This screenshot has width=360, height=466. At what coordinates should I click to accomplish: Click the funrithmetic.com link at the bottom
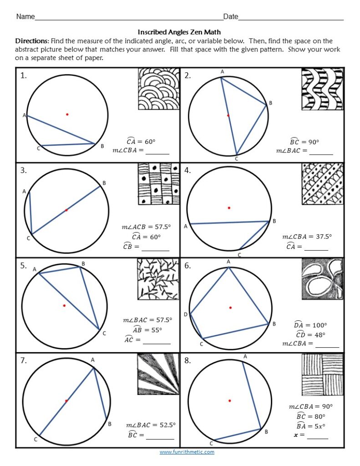pyautogui.click(x=187, y=452)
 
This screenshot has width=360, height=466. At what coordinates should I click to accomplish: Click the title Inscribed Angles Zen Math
pyautogui.click(x=179, y=32)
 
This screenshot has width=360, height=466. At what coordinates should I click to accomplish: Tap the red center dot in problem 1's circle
pyautogui.click(x=67, y=114)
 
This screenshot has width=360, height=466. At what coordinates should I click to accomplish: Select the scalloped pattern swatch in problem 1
pyautogui.click(x=158, y=89)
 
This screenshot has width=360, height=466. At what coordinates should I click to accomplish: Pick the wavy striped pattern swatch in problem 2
pyautogui.click(x=322, y=89)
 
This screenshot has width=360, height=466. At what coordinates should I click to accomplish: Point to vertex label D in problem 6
pyautogui.click(x=185, y=314)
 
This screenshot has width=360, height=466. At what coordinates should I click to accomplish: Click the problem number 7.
pyautogui.click(x=24, y=361)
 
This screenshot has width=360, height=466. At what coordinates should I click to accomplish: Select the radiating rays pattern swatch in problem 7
pyautogui.click(x=158, y=374)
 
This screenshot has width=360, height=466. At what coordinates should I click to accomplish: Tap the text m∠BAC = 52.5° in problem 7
pyautogui.click(x=150, y=425)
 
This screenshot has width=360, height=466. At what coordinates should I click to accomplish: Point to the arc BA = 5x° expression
pyautogui.click(x=311, y=426)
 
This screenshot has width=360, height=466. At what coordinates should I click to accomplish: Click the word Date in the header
pyautogui.click(x=231, y=17)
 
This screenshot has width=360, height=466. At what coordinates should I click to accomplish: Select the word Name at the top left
pyautogui.click(x=25, y=17)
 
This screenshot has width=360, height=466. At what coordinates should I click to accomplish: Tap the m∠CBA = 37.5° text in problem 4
pyautogui.click(x=307, y=237)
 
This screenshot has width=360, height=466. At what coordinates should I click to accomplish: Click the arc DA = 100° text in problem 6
pyautogui.click(x=310, y=325)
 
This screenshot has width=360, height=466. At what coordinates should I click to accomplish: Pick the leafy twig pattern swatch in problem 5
pyautogui.click(x=158, y=279)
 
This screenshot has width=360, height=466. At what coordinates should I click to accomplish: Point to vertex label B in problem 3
pyautogui.click(x=104, y=183)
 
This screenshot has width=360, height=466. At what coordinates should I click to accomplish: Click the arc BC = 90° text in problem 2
pyautogui.click(x=304, y=142)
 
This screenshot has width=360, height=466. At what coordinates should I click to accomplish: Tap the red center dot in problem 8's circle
pyautogui.click(x=230, y=400)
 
